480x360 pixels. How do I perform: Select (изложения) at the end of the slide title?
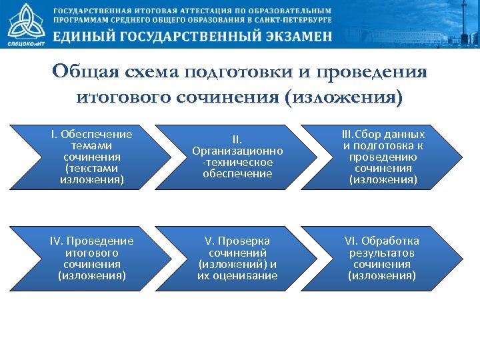coord(343,98)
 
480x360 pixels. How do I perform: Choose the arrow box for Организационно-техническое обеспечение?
coord(237,157)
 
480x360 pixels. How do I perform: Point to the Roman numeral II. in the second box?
coord(237,140)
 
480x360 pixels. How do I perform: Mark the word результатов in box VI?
coord(382,253)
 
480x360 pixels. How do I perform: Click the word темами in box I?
coord(92,145)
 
